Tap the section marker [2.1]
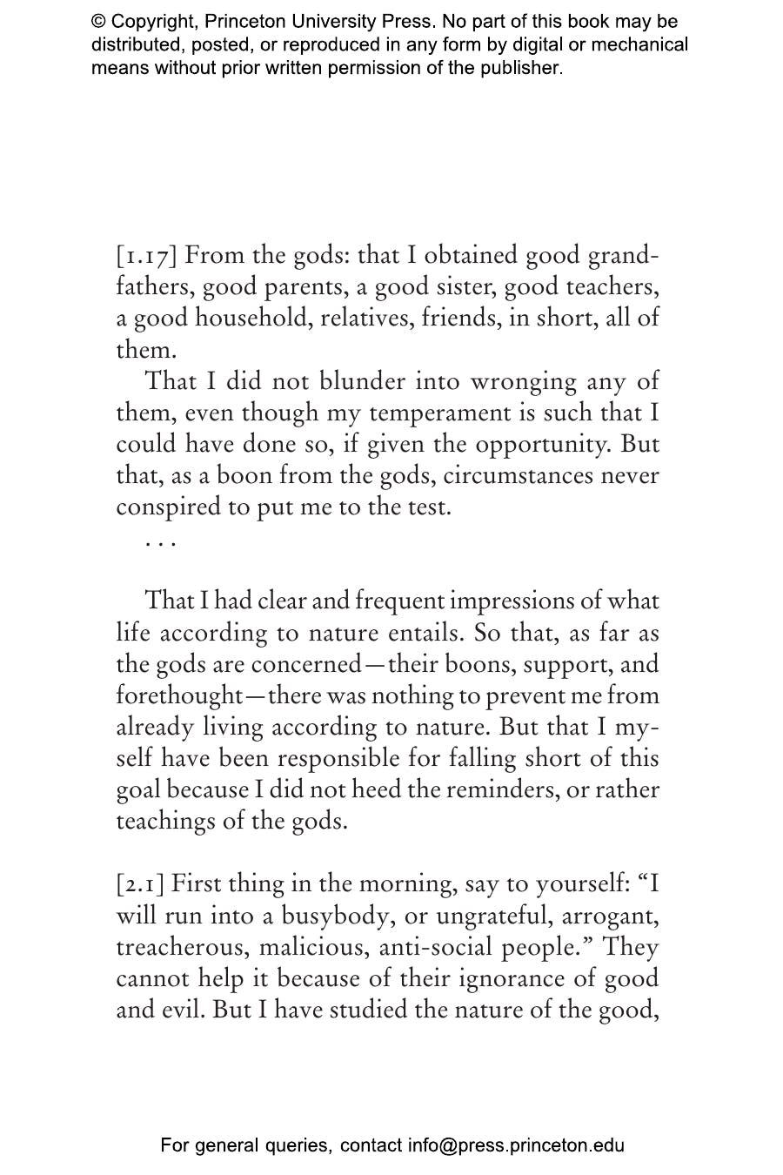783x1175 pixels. [141, 884]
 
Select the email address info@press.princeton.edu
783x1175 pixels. [516, 1145]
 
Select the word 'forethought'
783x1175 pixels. [178, 695]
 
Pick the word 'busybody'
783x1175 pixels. [335, 916]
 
